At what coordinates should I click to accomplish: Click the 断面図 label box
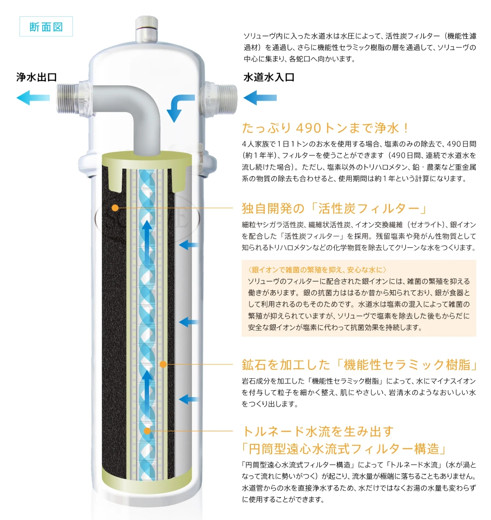[46, 26]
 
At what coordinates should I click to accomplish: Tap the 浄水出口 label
[36, 77]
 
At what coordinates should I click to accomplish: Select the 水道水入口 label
[269, 77]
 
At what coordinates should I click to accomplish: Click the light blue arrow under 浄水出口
[33, 98]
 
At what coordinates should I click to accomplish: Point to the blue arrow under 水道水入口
[260, 98]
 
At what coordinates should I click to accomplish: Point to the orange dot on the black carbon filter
[115, 208]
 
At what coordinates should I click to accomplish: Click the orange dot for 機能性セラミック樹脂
[163, 364]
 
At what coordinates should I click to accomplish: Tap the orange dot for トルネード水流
[147, 431]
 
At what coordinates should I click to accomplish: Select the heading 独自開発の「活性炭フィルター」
[333, 209]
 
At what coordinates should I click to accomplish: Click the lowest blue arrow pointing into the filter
[188, 399]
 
